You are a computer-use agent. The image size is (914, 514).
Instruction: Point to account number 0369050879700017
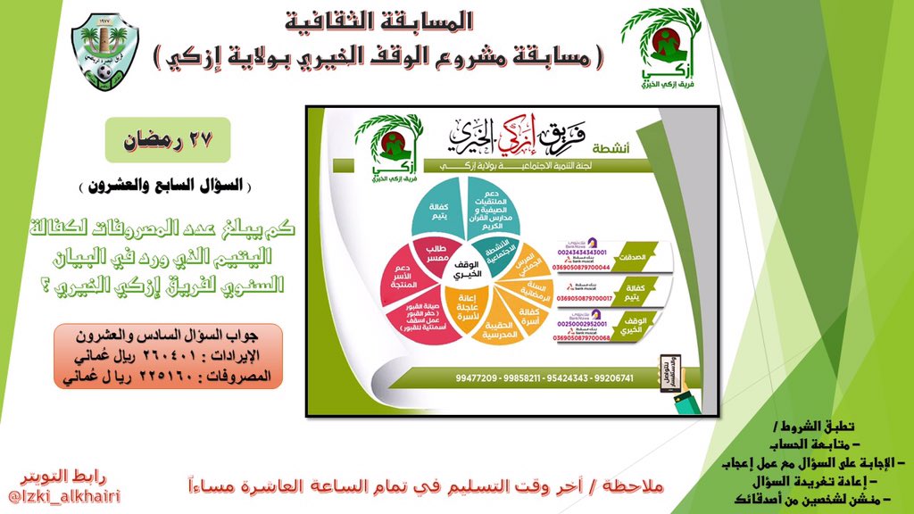tap(580, 301)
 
